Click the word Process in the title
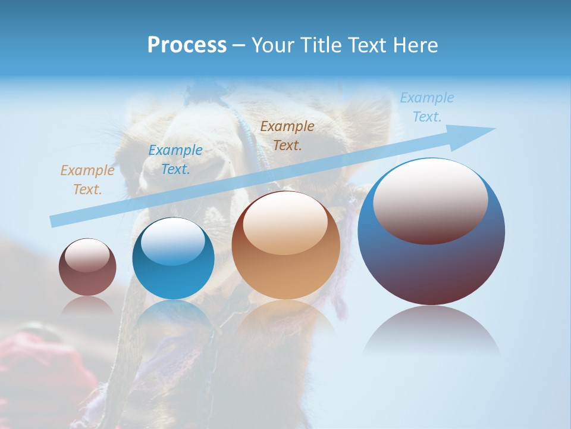[x=187, y=45]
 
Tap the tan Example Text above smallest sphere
[x=87, y=180]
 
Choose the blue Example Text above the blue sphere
[x=175, y=160]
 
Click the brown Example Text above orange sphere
[x=287, y=135]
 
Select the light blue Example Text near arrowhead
[x=427, y=107]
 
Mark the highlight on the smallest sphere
[x=87, y=255]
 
